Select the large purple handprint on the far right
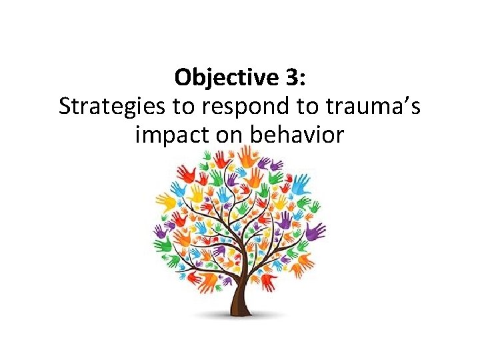[x=315, y=230]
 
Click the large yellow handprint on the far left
[x=165, y=201]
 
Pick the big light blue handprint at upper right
[x=301, y=181]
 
